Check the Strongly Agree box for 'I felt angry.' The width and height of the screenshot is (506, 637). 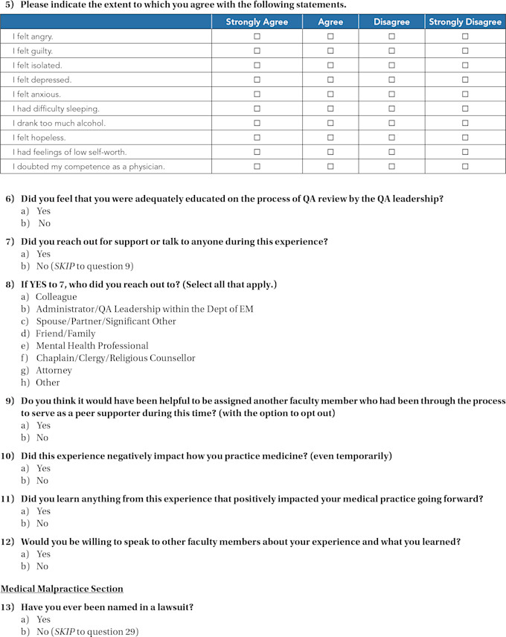[x=257, y=36]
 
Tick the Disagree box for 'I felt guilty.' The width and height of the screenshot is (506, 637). [x=391, y=51]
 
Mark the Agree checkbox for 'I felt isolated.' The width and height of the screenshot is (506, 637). [x=330, y=65]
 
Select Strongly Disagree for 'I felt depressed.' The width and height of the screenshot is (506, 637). [x=465, y=80]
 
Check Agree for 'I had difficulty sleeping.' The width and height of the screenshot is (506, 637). [x=330, y=109]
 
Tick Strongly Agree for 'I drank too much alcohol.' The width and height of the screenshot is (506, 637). [x=257, y=123]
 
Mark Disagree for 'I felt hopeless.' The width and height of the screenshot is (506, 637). [x=391, y=138]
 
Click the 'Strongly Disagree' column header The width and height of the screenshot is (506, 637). [x=465, y=22]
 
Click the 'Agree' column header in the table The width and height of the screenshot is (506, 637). [x=330, y=22]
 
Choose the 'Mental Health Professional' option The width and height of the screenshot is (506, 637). [x=92, y=345]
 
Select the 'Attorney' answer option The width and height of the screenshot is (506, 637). [x=54, y=370]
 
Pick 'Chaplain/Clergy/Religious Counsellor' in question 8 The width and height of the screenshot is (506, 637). [x=115, y=358]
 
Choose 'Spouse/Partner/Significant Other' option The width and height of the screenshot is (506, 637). [x=106, y=321]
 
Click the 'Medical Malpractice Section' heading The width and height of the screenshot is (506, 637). [x=62, y=589]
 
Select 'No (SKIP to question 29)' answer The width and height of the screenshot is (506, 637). [x=87, y=632]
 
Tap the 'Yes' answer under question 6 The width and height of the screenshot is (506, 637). [x=43, y=211]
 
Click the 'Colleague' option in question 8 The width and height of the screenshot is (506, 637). [x=56, y=297]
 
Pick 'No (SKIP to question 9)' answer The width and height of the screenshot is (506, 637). [x=85, y=266]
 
